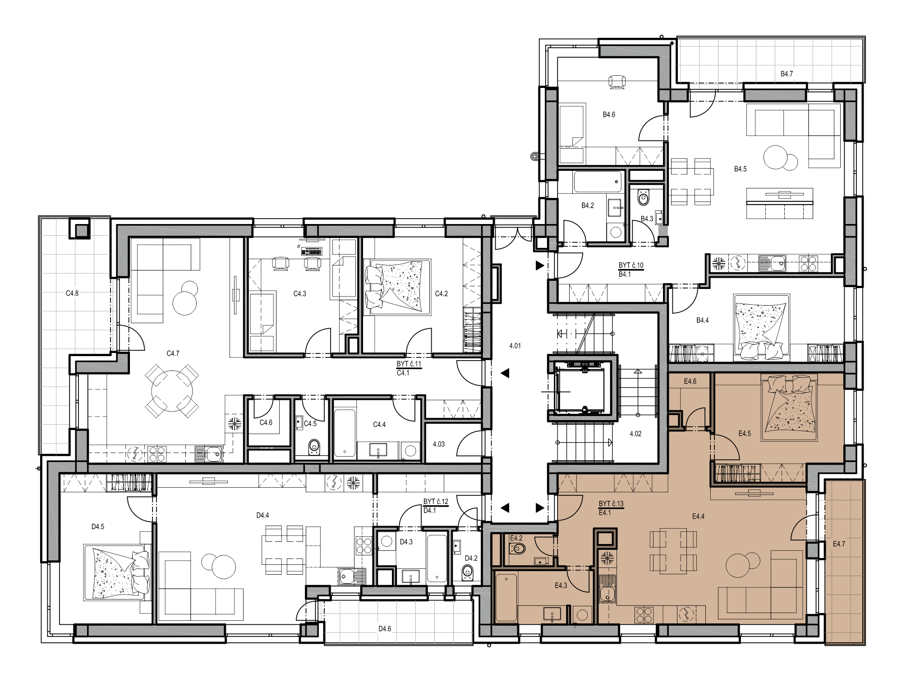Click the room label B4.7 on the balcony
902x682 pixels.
coord(787,73)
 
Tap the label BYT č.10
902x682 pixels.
coord(631,265)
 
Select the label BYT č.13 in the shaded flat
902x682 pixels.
coord(611,503)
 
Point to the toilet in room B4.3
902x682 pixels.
coord(643,197)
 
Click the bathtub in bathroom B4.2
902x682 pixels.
coord(598,182)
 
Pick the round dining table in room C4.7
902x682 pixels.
coord(172,390)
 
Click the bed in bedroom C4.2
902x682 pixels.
coord(397,287)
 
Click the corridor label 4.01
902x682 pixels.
coord(515,346)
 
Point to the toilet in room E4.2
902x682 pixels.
coord(517,549)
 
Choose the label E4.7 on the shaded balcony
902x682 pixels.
coord(839,544)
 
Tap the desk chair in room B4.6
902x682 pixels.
coord(617,82)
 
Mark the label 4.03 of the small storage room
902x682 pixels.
coord(438,444)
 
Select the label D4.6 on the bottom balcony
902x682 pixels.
coord(385,628)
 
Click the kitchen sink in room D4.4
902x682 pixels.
coord(352,576)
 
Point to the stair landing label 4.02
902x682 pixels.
coord(635,434)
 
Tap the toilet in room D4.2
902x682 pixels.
coord(468,572)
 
